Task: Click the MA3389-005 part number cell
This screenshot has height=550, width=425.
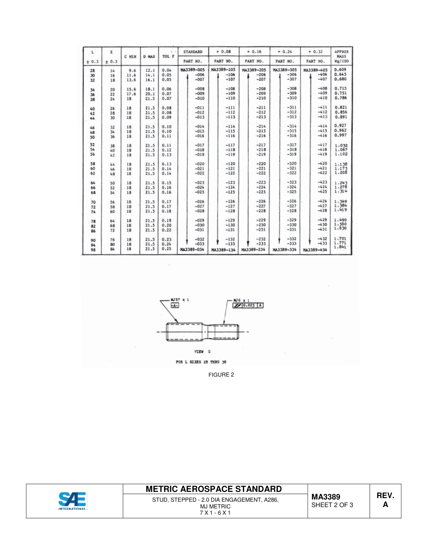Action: [x=192, y=70]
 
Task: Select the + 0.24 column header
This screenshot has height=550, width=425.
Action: [x=285, y=52]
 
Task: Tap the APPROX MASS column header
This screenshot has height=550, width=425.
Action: [x=342, y=56]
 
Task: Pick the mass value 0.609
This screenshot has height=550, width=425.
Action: [x=340, y=70]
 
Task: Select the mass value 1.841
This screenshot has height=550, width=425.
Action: [x=340, y=247]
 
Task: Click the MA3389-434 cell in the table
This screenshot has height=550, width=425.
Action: [x=315, y=250]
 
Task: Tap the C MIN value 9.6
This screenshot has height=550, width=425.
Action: [x=132, y=71]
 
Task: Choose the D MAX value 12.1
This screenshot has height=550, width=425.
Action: [x=149, y=71]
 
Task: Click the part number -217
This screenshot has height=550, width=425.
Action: [x=261, y=145]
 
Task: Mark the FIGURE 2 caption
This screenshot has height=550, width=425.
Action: [x=221, y=375]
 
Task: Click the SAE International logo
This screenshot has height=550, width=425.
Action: [x=72, y=500]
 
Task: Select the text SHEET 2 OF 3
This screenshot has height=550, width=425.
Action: [x=332, y=505]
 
